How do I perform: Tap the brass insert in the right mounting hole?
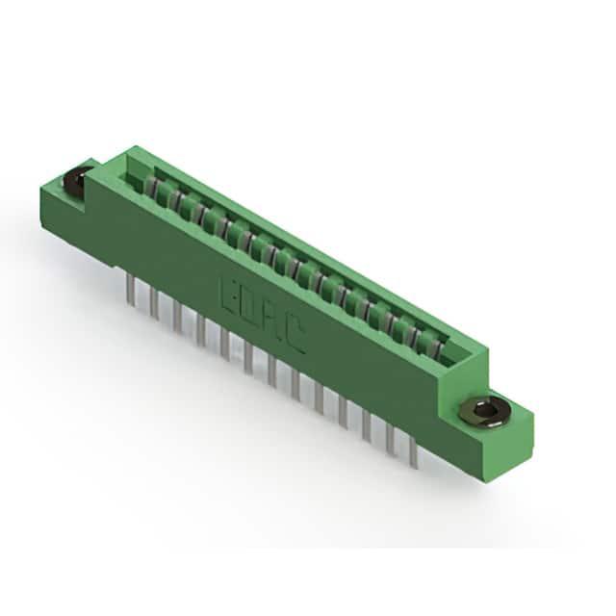[486, 412]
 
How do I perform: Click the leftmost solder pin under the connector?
[131, 290]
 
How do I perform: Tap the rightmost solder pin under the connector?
[413, 452]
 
